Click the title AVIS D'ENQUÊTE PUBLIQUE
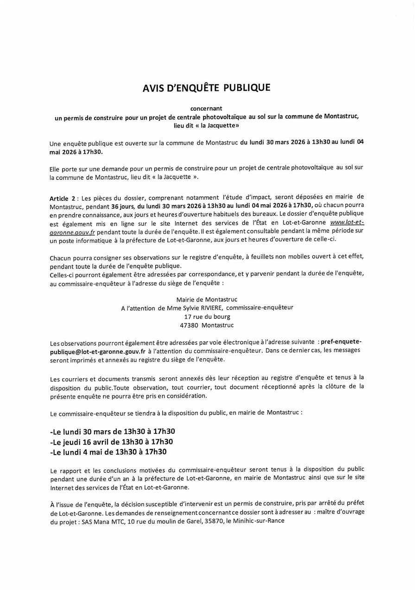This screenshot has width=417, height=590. pos(206,88)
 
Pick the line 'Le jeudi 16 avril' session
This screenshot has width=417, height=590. pos(111,441)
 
